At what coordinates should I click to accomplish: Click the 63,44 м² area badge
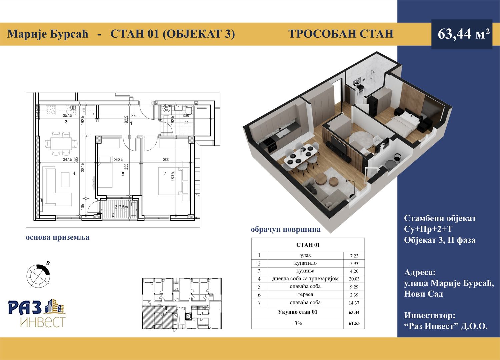click(462, 34)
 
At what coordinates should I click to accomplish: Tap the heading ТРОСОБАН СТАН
click(341, 34)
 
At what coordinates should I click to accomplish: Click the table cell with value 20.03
click(354, 279)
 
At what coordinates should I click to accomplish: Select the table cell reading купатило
click(305, 263)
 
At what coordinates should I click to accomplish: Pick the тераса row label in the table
click(305, 295)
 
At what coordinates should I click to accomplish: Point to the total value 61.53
click(354, 323)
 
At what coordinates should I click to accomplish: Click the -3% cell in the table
click(297, 323)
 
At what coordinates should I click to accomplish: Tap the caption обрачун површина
click(285, 229)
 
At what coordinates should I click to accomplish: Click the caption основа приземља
click(58, 237)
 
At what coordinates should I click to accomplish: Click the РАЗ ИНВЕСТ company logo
click(37, 313)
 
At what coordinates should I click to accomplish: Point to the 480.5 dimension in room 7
click(172, 176)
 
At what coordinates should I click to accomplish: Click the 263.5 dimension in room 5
click(119, 160)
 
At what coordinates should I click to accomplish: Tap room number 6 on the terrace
click(113, 215)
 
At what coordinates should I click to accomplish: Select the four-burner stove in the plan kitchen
click(51, 110)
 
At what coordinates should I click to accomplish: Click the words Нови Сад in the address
click(423, 294)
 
